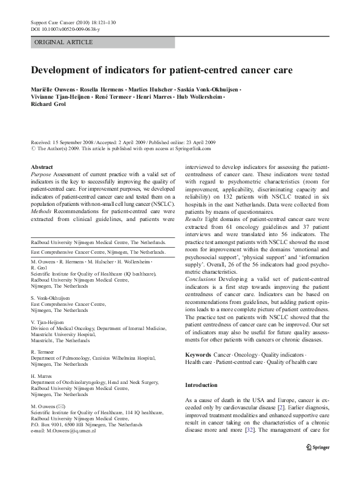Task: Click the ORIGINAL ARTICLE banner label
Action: (64, 42)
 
